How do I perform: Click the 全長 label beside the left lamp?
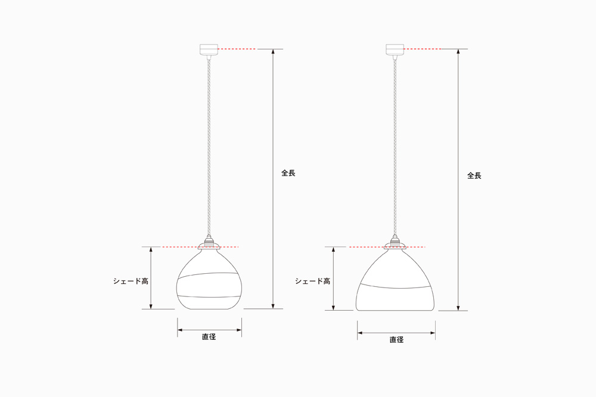(x=288, y=173)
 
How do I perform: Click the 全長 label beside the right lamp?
(x=474, y=176)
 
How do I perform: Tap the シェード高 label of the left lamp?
(x=131, y=282)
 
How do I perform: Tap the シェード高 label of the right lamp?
(x=313, y=282)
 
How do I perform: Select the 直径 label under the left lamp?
(x=209, y=337)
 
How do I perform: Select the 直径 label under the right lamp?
(x=396, y=340)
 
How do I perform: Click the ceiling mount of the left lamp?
(x=209, y=50)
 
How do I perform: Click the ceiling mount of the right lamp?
(x=395, y=50)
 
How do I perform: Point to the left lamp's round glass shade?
(x=209, y=279)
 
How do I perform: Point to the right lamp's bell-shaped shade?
(x=395, y=280)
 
